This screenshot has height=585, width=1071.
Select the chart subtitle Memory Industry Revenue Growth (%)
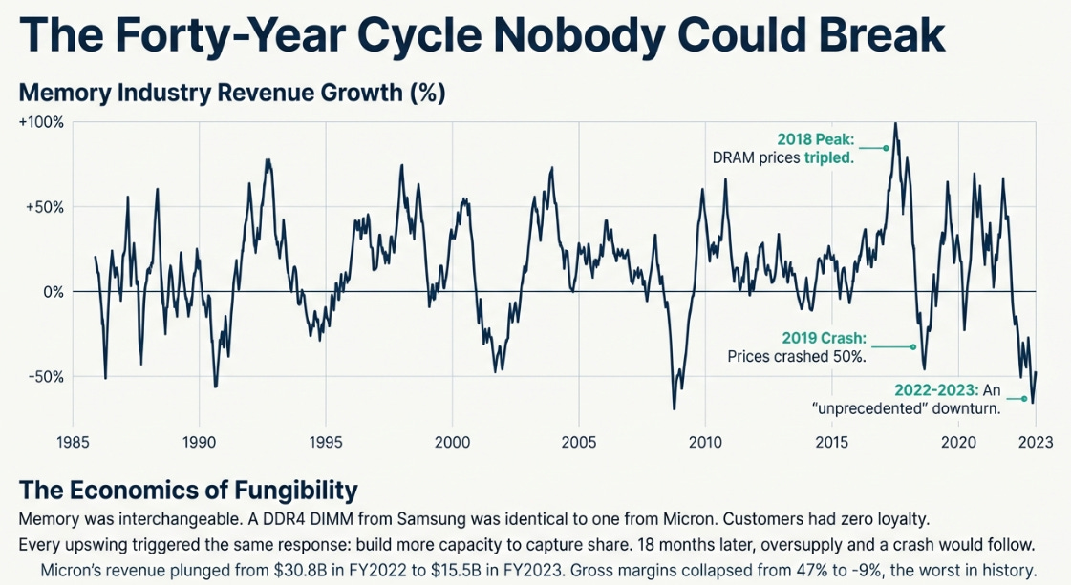(x=232, y=94)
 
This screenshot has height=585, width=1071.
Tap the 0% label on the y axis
(x=54, y=291)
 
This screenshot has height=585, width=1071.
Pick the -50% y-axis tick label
(x=46, y=376)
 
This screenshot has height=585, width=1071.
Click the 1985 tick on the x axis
(x=73, y=442)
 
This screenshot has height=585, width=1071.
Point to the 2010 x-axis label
(x=705, y=442)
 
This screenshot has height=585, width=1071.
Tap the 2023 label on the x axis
(x=1035, y=442)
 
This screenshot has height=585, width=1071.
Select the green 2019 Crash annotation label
(x=825, y=339)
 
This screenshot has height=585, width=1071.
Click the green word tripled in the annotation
(x=827, y=157)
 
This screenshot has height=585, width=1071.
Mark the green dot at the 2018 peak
(x=886, y=148)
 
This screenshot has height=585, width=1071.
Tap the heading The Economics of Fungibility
(x=188, y=491)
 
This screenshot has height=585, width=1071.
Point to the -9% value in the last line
(x=825, y=571)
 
